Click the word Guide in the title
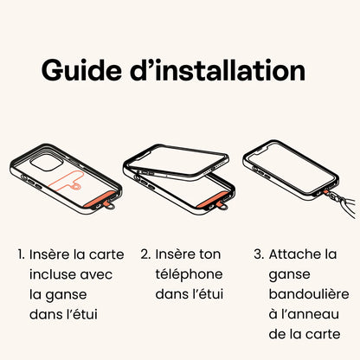click(x=81, y=70)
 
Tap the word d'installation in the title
click(x=218, y=70)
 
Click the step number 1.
click(x=21, y=254)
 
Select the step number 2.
click(x=145, y=254)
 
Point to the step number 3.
click(x=259, y=254)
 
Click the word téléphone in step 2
click(x=189, y=274)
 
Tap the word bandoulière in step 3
click(x=309, y=294)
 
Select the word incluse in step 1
click(x=52, y=274)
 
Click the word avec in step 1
click(x=96, y=275)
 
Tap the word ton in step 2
click(x=209, y=255)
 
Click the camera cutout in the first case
click(x=46, y=163)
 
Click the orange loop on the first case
click(x=110, y=205)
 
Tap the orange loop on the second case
click(x=222, y=205)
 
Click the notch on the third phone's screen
click(x=267, y=150)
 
